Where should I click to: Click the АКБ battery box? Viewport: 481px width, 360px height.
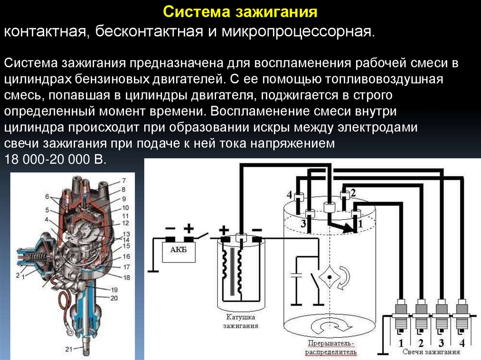click(x=178, y=250)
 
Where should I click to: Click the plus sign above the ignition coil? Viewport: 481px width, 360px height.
click(x=224, y=230)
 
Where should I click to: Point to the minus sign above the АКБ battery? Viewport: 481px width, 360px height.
click(x=171, y=229)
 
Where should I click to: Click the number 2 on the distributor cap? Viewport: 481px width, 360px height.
click(x=353, y=192)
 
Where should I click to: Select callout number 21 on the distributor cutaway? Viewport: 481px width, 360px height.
click(x=69, y=348)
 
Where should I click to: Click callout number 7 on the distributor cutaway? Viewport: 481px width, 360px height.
click(x=124, y=181)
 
